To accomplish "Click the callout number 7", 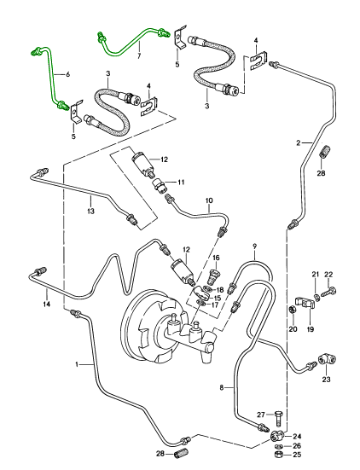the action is [139, 56].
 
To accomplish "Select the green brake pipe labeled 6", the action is [51, 78].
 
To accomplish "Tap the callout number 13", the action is [90, 211].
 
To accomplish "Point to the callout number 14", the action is [46, 304].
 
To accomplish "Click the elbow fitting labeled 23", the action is [327, 359].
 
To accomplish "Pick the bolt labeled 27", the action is [278, 418].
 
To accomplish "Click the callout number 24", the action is [297, 436].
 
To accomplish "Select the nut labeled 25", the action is [278, 455].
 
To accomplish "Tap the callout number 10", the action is [209, 200].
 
